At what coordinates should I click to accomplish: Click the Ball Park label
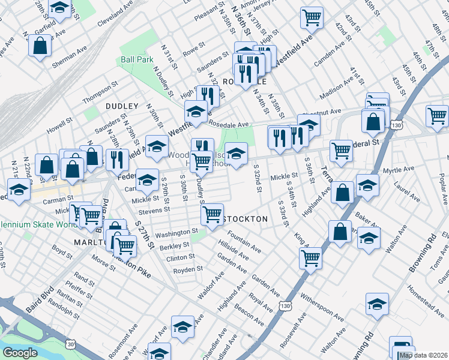pos(137,59)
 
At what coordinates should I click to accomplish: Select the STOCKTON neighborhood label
pos(246,219)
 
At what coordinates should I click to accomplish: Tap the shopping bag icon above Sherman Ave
pos(40,46)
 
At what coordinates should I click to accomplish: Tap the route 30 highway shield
pos(71,344)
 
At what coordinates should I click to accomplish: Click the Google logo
pos(20,353)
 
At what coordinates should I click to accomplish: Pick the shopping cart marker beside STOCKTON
pos(212,214)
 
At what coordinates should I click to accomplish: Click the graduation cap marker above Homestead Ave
pos(377,304)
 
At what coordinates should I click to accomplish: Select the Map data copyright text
pos(423,355)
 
